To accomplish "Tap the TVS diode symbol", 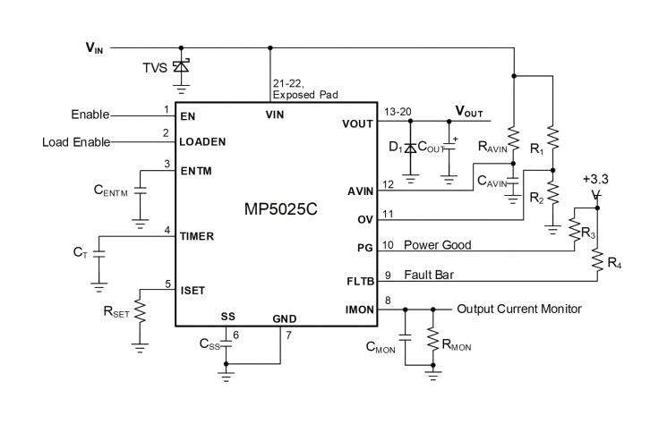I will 182,65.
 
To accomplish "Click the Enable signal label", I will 90,115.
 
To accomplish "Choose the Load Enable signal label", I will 77,142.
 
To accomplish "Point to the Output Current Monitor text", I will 519,310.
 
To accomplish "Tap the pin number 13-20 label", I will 397,111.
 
